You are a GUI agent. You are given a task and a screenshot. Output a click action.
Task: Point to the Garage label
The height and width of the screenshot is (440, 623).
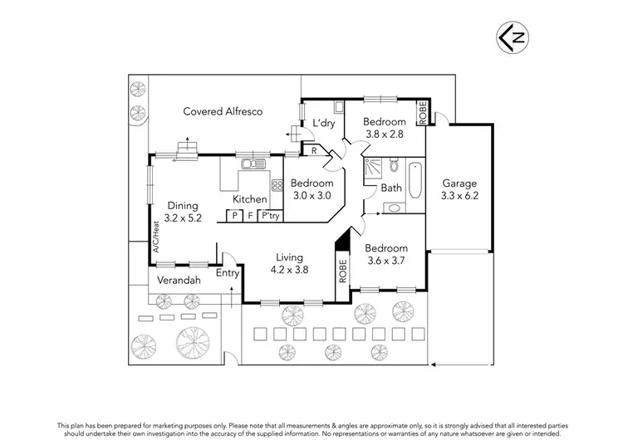pyautogui.click(x=459, y=183)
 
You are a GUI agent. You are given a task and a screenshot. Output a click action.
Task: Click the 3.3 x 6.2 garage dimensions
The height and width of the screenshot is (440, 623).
pyautogui.click(x=459, y=197)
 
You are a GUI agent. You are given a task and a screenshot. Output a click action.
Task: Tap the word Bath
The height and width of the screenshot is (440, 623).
pyautogui.click(x=391, y=188)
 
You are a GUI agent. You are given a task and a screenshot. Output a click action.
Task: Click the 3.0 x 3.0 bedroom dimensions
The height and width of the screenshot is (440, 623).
pyautogui.click(x=312, y=196)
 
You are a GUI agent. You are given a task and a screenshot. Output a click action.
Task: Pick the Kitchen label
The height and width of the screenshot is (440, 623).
pyautogui.click(x=249, y=199)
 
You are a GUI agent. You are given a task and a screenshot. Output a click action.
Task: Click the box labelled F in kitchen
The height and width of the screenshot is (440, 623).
pyautogui.click(x=250, y=216)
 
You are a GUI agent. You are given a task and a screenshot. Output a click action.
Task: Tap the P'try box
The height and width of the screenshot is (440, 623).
pyautogui.click(x=270, y=216)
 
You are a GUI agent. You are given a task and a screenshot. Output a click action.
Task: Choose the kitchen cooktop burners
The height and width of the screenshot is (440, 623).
pyautogui.click(x=277, y=187)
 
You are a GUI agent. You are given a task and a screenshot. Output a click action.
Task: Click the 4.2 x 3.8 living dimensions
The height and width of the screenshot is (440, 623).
pyautogui.click(x=290, y=270)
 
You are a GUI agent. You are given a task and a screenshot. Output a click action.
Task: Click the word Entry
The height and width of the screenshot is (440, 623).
pyautogui.click(x=227, y=273)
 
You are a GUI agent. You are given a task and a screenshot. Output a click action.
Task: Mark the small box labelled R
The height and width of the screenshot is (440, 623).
pyautogui.click(x=312, y=150)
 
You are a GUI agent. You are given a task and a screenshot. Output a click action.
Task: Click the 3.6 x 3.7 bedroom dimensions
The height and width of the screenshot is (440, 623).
pyautogui.click(x=386, y=262)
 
